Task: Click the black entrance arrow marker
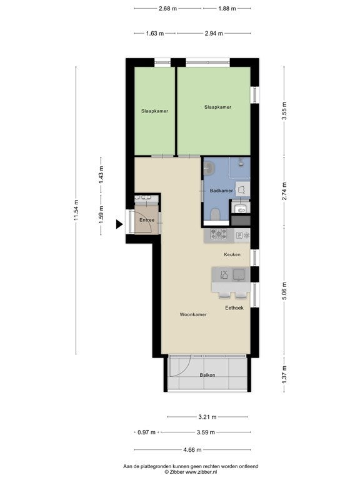[119, 224]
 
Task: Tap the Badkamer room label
[221, 191]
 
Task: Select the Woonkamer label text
[193, 314]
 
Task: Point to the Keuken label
[232, 254]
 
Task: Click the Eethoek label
[234, 307]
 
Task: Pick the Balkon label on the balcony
[207, 375]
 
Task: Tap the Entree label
[147, 220]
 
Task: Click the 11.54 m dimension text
[76, 210]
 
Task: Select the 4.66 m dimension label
[192, 450]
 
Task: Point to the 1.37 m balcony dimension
[284, 375]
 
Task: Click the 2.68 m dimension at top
[167, 9]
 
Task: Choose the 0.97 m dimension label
[146, 432]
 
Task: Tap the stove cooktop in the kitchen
[219, 235]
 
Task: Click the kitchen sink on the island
[239, 274]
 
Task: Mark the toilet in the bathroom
[215, 214]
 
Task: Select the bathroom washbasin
[210, 167]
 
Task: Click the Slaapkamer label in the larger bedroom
[217, 107]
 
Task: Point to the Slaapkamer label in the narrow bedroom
[154, 111]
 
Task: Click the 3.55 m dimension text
[284, 111]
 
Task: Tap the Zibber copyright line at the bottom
[191, 472]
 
